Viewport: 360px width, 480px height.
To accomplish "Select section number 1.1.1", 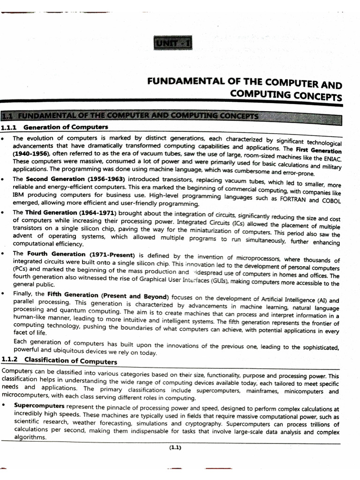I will pyautogui.click(x=9, y=127).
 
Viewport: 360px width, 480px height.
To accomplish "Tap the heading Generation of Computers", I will pyautogui.click(x=66, y=127).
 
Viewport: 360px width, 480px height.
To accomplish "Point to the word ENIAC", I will pyautogui.click(x=331, y=160).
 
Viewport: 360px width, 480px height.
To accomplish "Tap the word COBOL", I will pyautogui.click(x=330, y=201).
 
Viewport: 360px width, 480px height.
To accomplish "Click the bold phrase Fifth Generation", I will pyautogui.click(x=71, y=296).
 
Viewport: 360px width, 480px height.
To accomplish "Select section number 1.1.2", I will pyautogui.click(x=9, y=360).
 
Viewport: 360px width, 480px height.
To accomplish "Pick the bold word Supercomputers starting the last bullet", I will pyautogui.click(x=38, y=405).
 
